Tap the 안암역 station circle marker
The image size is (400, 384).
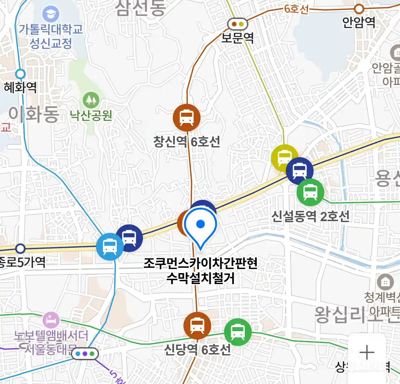coord(359,9)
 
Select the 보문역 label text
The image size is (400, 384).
coord(238,37)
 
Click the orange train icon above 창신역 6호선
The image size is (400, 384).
coord(186,118)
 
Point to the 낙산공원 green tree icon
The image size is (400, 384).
coord(91,101)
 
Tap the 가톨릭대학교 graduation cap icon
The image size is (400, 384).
coord(51,15)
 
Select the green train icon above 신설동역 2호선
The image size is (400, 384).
coord(310,192)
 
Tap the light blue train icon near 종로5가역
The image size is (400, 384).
coord(110,247)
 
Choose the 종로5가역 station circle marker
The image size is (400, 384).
coord(21,248)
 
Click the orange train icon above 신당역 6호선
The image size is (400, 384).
coord(197,325)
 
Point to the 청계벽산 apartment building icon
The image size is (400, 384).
coord(385,282)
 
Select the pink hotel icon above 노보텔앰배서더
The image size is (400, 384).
coord(51,320)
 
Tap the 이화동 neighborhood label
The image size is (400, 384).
coord(34,114)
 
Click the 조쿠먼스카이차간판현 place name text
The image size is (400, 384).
coord(201,263)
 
